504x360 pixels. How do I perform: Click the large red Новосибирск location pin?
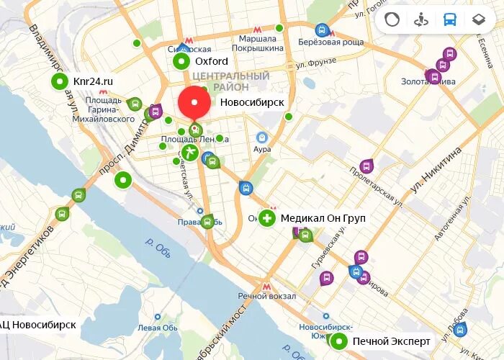coord(194,103)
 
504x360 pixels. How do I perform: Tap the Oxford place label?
coord(211,62)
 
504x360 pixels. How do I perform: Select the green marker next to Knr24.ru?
coord(58,81)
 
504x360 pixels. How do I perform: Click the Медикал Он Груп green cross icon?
coord(267,217)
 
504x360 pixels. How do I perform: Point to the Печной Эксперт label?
coord(391,341)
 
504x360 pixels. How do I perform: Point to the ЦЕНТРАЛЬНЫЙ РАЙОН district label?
coord(231,81)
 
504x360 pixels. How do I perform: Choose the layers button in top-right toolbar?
coord(478,19)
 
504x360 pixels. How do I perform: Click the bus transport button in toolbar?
coord(450,19)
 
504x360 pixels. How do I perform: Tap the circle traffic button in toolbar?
coord(392,19)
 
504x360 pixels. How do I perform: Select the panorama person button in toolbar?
coord(421,19)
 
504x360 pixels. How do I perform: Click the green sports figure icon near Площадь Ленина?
coord(189,152)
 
